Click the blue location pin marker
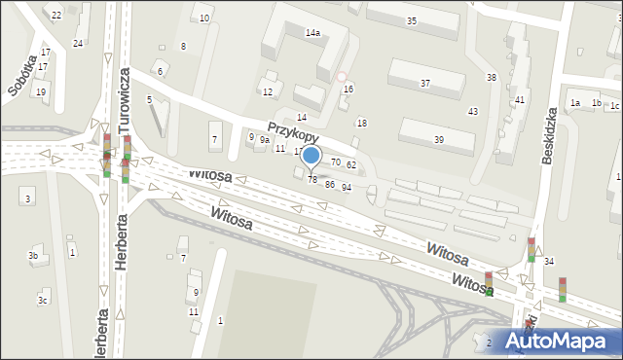(x=311, y=156)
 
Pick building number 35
(x=412, y=20)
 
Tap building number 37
(x=425, y=84)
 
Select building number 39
(x=439, y=140)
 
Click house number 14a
(x=312, y=33)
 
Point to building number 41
(x=521, y=100)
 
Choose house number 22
(x=56, y=15)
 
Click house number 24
(x=78, y=44)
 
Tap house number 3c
(x=42, y=301)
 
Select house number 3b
(x=33, y=256)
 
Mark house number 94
(x=346, y=187)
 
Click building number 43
(x=473, y=112)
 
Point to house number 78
(x=312, y=179)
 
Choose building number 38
(x=492, y=77)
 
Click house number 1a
(x=575, y=103)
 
